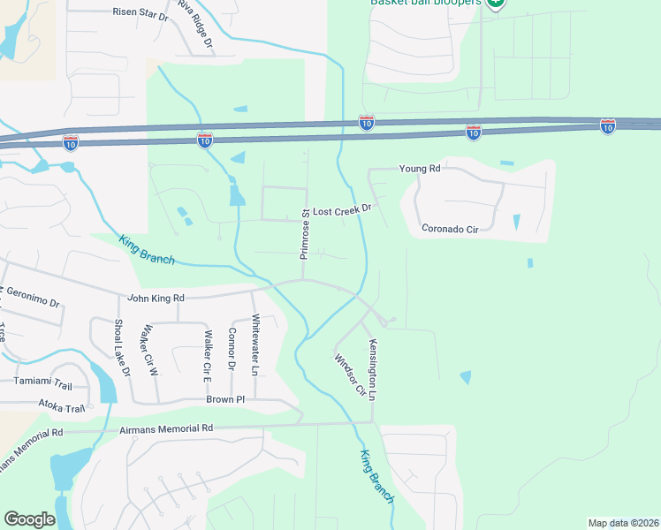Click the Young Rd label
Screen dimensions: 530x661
[419, 169]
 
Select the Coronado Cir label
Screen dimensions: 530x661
[449, 229]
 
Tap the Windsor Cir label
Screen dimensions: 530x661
[349, 375]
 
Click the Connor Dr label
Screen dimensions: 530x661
[232, 349]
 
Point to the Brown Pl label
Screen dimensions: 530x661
[224, 399]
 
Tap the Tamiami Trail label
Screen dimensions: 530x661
[42, 382]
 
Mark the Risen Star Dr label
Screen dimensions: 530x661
[140, 12]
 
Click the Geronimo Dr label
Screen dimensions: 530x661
[32, 297]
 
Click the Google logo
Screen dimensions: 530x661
[30, 519]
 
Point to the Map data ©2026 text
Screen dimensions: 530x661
[624, 523]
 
